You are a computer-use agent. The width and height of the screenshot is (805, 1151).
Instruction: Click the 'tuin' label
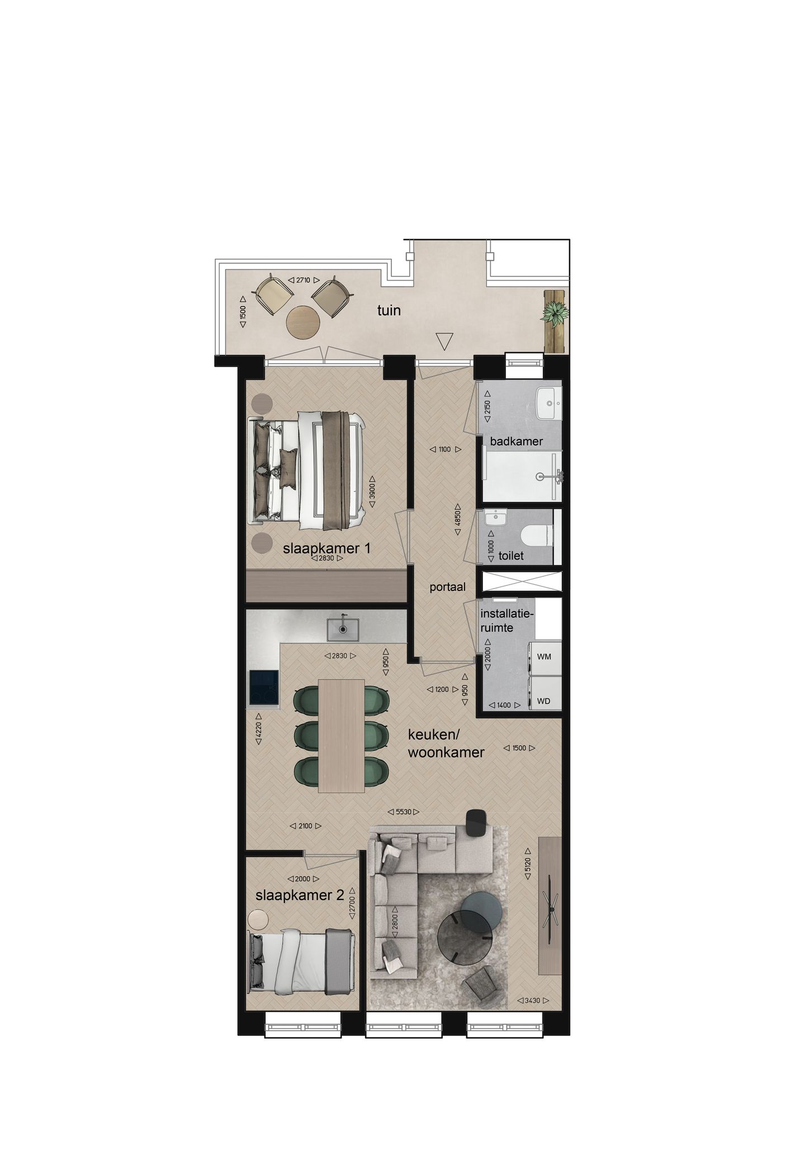pyautogui.click(x=389, y=310)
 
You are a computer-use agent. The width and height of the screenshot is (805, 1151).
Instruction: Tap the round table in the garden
pyautogui.click(x=302, y=321)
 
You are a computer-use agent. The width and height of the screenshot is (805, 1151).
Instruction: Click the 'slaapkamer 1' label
pyautogui.click(x=326, y=548)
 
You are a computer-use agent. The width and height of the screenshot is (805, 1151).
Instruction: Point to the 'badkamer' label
pyautogui.click(x=517, y=442)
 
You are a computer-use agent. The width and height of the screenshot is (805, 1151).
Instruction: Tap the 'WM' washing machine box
pyautogui.click(x=544, y=656)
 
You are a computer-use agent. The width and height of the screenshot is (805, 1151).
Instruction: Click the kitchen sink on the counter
pyautogui.click(x=343, y=628)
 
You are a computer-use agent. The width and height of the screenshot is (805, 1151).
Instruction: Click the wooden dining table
pyautogui.click(x=342, y=735)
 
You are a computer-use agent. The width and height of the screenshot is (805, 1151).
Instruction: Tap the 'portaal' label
pyautogui.click(x=448, y=587)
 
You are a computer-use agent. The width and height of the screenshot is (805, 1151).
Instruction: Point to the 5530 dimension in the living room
pyautogui.click(x=404, y=812)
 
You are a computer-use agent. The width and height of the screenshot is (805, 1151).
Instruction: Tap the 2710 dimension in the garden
pyautogui.click(x=304, y=280)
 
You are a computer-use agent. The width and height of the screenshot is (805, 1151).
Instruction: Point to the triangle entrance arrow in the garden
pyautogui.click(x=444, y=342)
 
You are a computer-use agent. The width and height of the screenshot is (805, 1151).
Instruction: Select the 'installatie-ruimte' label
pyautogui.click(x=507, y=621)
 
